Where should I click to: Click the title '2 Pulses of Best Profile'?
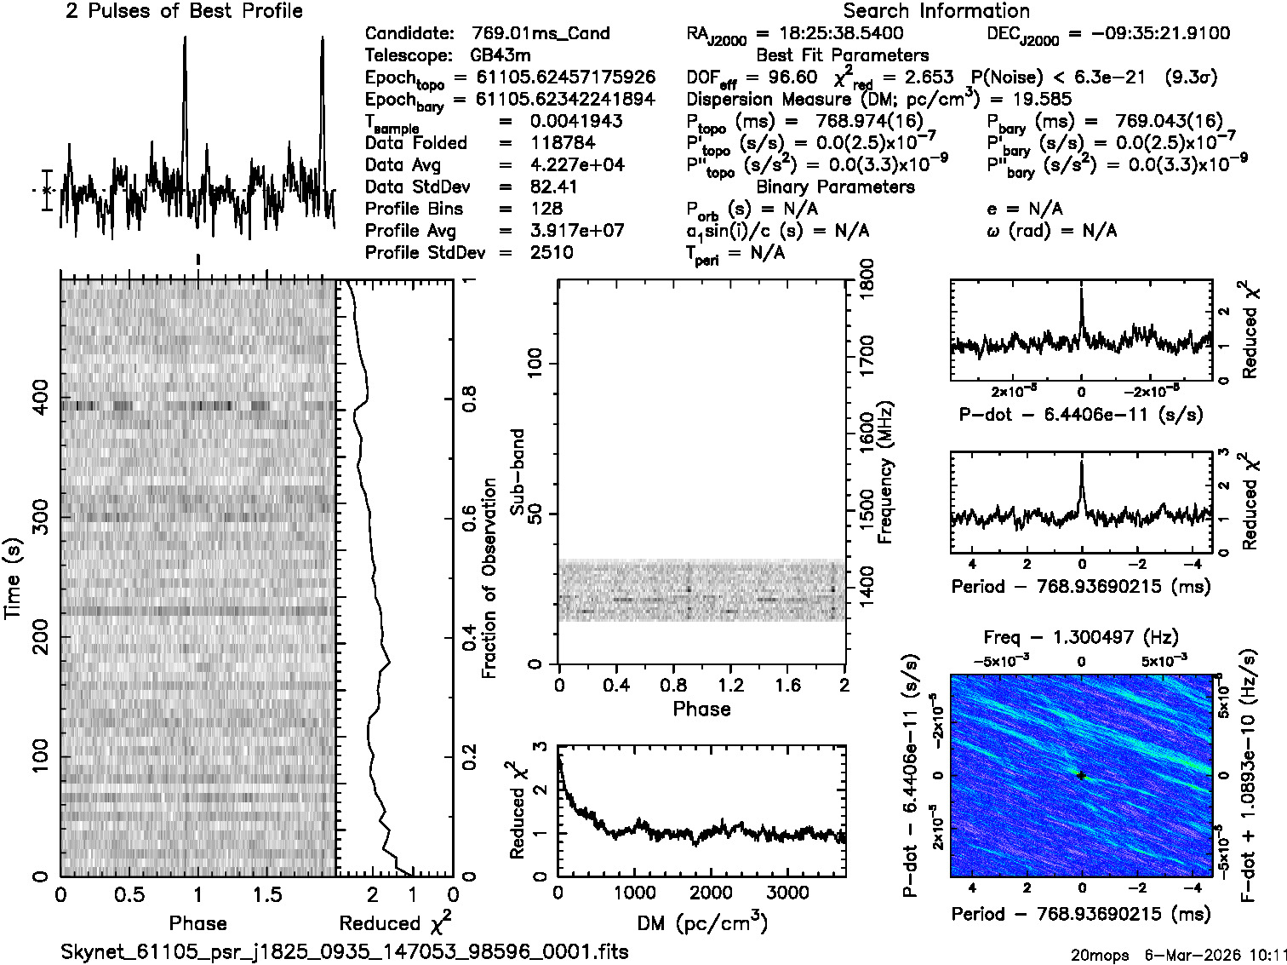coord(184,11)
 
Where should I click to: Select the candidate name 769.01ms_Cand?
coord(541,34)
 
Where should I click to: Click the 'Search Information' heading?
coord(935,11)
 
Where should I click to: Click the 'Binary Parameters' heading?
coord(835,187)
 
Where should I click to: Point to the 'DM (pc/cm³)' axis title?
coord(701,923)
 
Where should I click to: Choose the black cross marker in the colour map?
coord(1081,775)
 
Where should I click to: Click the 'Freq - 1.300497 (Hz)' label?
coord(1081,637)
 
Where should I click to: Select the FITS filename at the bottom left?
coord(345,951)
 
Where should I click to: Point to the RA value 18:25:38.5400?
coord(830,34)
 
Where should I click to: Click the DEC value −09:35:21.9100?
coord(1148,34)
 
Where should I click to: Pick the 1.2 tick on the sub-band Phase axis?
coord(730,686)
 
